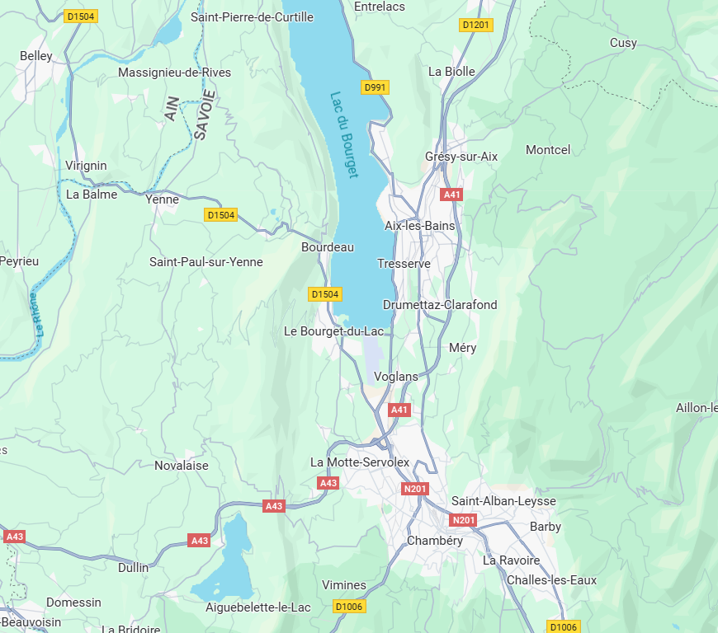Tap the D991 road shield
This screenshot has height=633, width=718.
[x=375, y=87]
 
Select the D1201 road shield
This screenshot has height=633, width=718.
[x=475, y=25]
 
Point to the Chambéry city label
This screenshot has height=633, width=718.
[x=435, y=541]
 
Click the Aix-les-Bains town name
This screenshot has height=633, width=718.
[x=419, y=225]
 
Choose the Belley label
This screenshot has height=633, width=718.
[x=35, y=56]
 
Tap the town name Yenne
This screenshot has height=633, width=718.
[x=162, y=199]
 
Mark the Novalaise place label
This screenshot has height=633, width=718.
[x=182, y=465]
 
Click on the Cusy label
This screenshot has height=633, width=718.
[x=623, y=42]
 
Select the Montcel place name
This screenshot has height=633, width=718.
[x=548, y=149]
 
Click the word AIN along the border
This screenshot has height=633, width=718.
[x=172, y=108]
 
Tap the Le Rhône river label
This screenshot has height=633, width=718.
[x=35, y=314]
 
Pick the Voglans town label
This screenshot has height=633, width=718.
[x=396, y=376]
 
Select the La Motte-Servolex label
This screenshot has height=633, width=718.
[x=360, y=462]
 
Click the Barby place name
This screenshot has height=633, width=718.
[x=545, y=526]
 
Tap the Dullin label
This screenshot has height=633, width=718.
[x=134, y=567]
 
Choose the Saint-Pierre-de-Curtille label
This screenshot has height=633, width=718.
[x=252, y=16]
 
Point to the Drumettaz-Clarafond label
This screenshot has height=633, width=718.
[x=440, y=304]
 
